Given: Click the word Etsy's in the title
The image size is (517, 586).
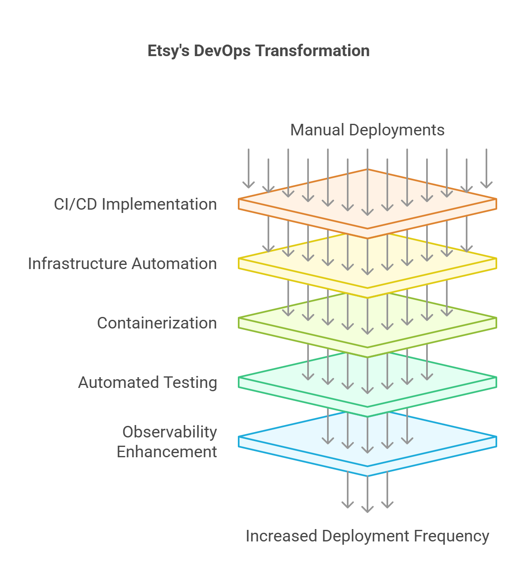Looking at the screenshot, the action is [x=168, y=51].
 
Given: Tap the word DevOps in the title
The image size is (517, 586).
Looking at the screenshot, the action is [x=222, y=51].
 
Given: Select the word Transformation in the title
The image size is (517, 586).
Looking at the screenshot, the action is [x=312, y=51].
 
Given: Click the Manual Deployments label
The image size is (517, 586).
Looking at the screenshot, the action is [x=367, y=130].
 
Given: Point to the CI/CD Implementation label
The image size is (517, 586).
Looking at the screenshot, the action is [x=135, y=204].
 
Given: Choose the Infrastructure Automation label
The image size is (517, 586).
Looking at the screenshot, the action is [x=123, y=264].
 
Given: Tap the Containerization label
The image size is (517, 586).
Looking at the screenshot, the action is [x=157, y=323].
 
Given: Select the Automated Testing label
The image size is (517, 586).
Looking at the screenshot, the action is [x=148, y=383].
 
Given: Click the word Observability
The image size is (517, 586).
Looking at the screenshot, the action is [x=170, y=432].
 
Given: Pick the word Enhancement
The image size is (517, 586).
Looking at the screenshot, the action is [x=167, y=452].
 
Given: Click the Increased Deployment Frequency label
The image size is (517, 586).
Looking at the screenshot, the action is [x=368, y=536].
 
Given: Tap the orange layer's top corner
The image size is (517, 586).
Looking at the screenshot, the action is [x=368, y=169].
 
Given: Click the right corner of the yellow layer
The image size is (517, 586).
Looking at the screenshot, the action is [x=496, y=259].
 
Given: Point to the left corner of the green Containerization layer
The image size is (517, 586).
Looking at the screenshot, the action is [x=239, y=318].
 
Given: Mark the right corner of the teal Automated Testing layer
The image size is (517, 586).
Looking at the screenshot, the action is [x=496, y=378].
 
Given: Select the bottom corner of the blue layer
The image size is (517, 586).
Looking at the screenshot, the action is [x=368, y=476].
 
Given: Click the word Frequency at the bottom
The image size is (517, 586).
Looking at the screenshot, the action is [x=452, y=536].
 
